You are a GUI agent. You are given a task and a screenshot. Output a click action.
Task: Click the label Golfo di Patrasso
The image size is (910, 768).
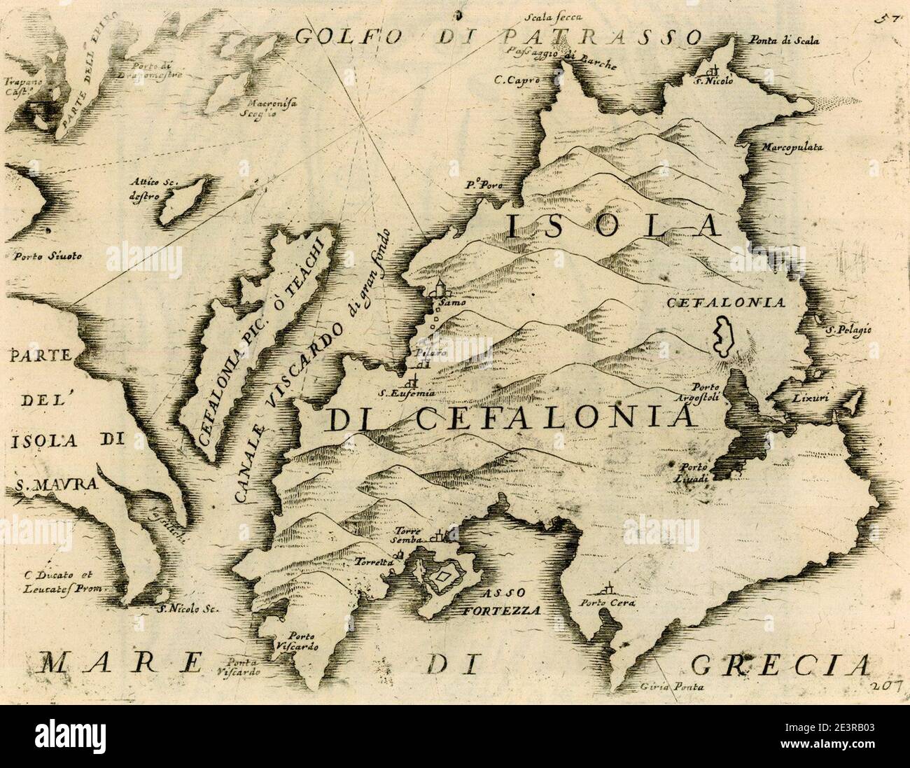(498, 36)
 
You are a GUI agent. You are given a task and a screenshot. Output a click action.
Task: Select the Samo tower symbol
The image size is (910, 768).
(439, 288)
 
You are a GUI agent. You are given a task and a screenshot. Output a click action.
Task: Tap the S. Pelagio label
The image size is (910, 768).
(847, 329)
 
